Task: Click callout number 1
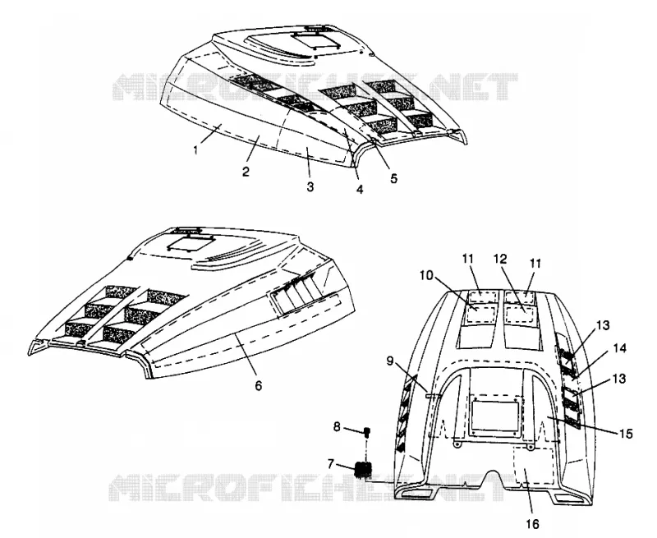click(x=195, y=149)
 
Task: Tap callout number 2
click(x=246, y=171)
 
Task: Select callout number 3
click(x=310, y=186)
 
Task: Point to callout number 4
click(x=360, y=190)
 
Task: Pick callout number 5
click(x=393, y=178)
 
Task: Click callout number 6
click(x=259, y=385)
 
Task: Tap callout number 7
click(x=331, y=464)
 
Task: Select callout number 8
click(x=337, y=427)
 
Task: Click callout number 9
click(x=389, y=361)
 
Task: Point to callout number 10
click(x=427, y=275)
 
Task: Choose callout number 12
click(x=500, y=260)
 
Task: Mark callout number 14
click(x=619, y=348)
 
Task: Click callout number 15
click(x=626, y=434)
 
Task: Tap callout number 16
click(x=532, y=523)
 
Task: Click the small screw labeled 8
click(x=367, y=432)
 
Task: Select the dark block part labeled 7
click(x=363, y=469)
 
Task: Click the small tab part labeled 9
click(x=432, y=395)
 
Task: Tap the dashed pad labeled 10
click(x=481, y=313)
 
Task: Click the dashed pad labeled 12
click(x=519, y=313)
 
